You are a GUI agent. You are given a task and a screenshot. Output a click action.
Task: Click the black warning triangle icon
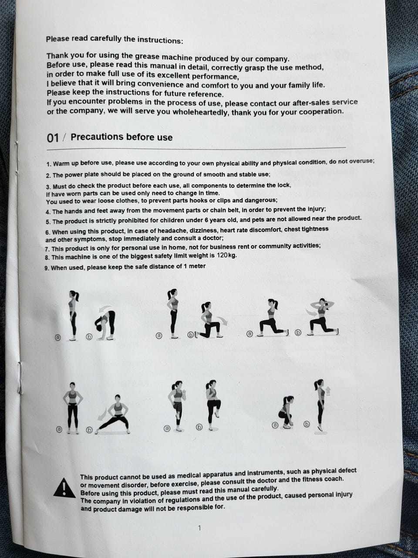click(x=64, y=487)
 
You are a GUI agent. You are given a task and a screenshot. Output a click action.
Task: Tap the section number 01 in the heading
click(x=53, y=138)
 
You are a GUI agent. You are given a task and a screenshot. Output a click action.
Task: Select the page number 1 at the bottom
click(x=199, y=528)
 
